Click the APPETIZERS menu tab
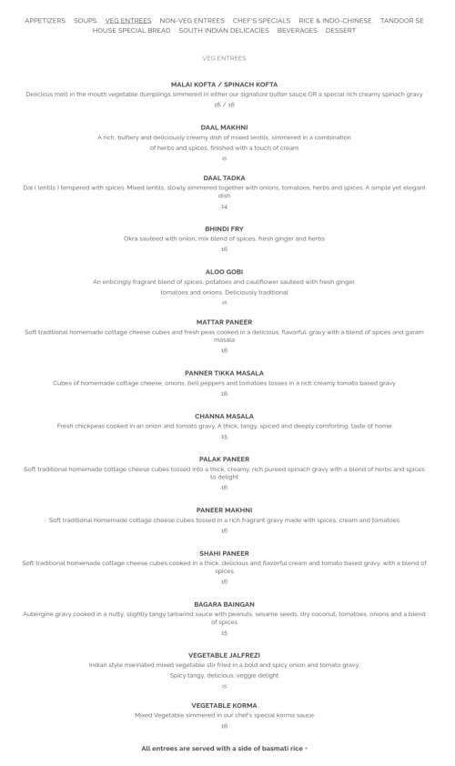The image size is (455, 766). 45,20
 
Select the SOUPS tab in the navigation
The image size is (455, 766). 86,20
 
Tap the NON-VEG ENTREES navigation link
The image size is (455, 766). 191,20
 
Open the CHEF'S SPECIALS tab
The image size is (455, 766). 261,20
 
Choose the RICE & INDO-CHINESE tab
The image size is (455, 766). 335,20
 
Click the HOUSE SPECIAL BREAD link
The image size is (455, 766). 131,30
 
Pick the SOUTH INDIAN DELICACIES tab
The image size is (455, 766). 224,30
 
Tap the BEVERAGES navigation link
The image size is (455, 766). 298,30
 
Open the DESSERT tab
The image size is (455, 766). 340,30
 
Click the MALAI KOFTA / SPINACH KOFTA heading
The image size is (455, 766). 224,84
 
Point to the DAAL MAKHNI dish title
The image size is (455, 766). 224,127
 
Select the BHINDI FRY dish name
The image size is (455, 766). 224,228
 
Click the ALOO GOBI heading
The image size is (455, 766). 224,272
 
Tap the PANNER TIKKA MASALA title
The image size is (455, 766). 224,373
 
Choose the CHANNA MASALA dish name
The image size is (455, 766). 224,417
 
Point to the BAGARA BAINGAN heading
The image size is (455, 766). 224,604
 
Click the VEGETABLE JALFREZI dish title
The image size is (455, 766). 224,655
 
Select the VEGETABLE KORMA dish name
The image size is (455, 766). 224,705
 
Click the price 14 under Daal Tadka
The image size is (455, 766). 224,207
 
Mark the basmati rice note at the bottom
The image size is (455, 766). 224,749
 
